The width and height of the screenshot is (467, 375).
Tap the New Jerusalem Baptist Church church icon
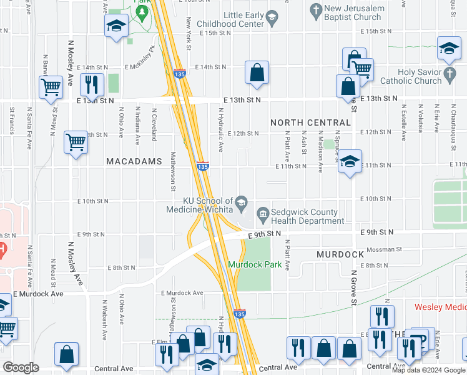316,11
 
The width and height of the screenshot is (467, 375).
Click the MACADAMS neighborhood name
134,161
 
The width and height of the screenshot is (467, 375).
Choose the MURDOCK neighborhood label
340,254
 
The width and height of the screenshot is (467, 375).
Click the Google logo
21,367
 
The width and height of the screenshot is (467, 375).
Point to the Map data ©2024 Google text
429,370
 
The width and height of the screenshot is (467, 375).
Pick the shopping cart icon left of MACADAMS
76,142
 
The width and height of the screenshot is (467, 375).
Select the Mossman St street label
384,249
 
